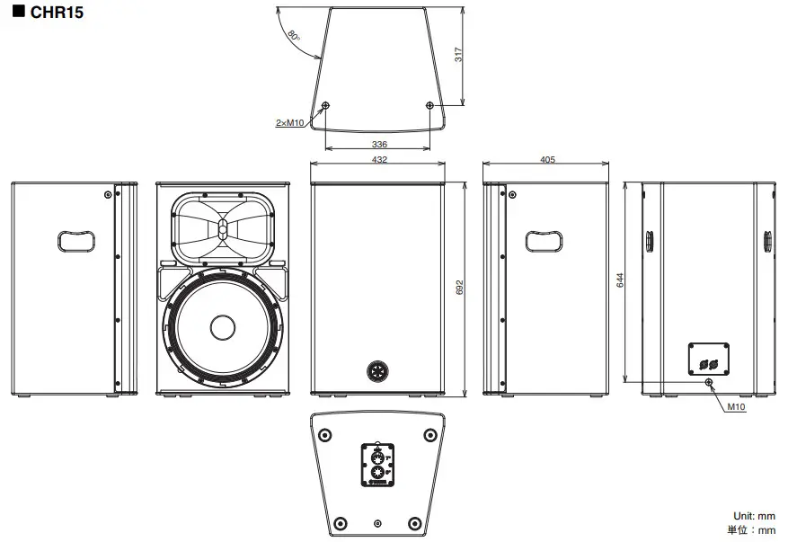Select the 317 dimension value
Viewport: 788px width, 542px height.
point(458,55)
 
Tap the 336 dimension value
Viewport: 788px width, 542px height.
point(379,144)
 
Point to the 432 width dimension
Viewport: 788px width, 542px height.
point(378,159)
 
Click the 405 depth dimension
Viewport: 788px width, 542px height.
point(547,159)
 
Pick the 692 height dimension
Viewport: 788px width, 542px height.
point(459,288)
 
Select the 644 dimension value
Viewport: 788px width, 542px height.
point(620,280)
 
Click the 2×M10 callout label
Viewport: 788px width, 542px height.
point(289,121)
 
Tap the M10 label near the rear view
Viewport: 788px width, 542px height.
point(736,406)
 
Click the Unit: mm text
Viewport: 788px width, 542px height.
point(754,516)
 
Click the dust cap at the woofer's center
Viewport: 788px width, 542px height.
point(222,327)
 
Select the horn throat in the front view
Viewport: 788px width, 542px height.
point(222,227)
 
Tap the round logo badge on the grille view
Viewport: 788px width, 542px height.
point(377,369)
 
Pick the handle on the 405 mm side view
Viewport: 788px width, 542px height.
point(545,239)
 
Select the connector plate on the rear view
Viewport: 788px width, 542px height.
point(708,359)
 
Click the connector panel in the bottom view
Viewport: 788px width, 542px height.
point(377,466)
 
